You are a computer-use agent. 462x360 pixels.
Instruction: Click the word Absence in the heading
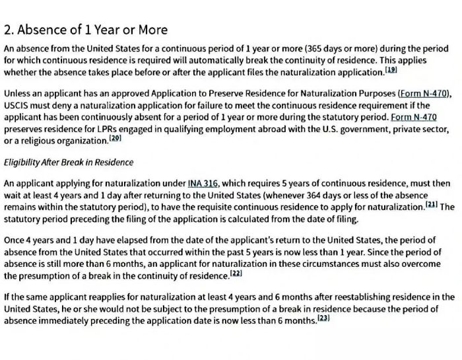click(x=44, y=30)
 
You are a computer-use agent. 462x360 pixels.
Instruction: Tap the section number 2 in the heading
click(x=8, y=30)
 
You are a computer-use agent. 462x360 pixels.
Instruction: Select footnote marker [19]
click(x=391, y=69)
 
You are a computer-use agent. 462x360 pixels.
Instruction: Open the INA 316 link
click(x=203, y=183)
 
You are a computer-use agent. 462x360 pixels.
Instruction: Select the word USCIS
click(x=16, y=105)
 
